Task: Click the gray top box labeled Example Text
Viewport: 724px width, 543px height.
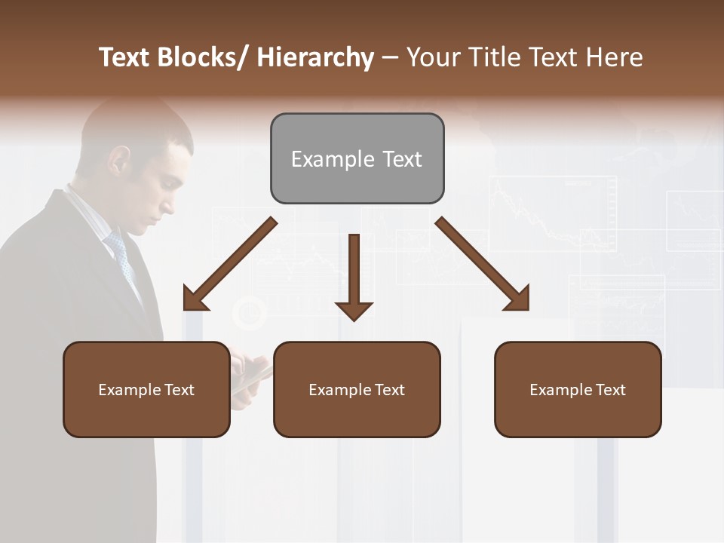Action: (x=357, y=158)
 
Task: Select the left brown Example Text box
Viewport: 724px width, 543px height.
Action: (x=146, y=389)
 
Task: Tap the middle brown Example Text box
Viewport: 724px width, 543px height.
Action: (x=357, y=389)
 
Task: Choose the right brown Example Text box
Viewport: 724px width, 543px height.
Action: (x=578, y=389)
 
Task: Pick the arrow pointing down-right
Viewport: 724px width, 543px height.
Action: (x=483, y=264)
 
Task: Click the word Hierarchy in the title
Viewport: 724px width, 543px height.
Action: (x=315, y=57)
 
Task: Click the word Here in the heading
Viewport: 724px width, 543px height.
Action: (x=615, y=57)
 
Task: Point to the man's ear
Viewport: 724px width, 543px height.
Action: (x=119, y=161)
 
